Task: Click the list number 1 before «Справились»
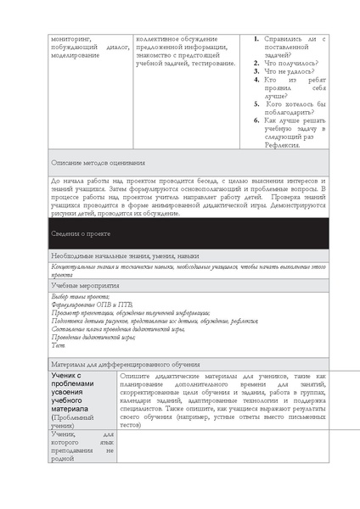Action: (x=256, y=39)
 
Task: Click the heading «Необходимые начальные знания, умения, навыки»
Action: (x=125, y=255)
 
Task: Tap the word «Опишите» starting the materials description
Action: (x=138, y=374)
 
